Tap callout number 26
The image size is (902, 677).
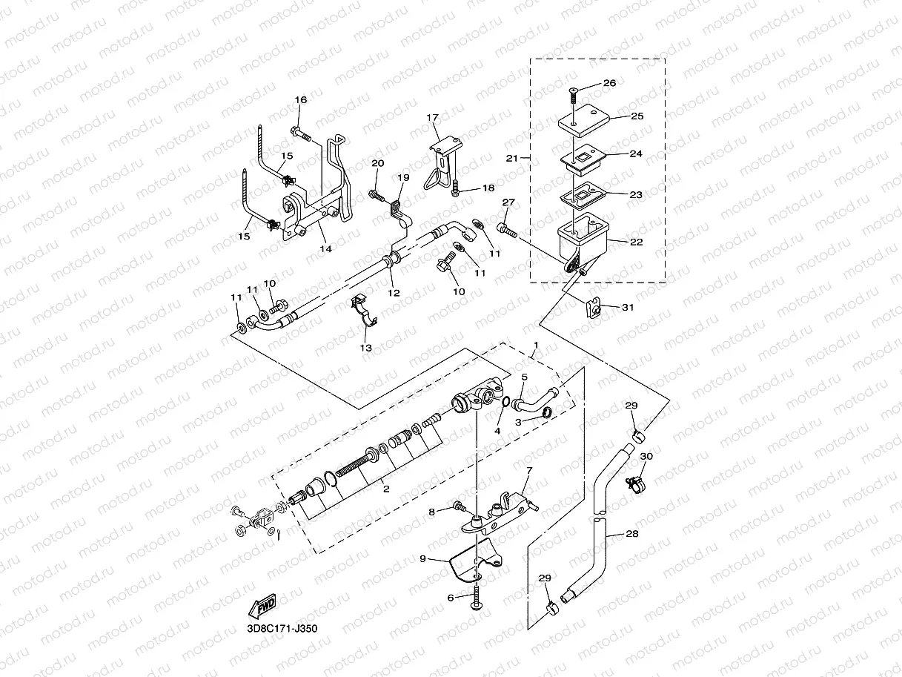coord(609,83)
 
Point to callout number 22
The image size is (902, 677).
coord(636,242)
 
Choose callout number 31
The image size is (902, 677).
coord(628,308)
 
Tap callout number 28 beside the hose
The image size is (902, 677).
coord(631,533)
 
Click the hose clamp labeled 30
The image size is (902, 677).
coord(634,483)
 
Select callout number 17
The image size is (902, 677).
coord(433,118)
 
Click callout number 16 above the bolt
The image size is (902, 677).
coord(300,100)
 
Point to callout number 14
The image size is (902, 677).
coord(325,249)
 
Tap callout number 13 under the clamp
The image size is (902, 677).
coord(366,347)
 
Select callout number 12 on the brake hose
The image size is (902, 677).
coord(394,292)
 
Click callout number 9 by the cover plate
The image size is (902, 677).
coord(422,558)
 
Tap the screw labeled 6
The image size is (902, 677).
coord(476,597)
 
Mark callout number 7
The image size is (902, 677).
coord(528,470)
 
